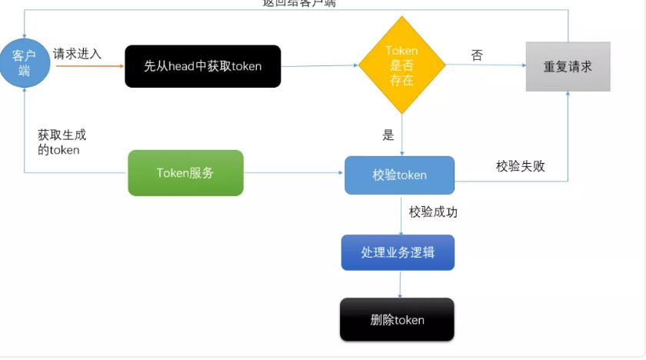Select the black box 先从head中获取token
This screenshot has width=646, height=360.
point(203,66)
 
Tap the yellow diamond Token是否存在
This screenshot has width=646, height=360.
point(401,65)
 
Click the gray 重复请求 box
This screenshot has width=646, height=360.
point(568,67)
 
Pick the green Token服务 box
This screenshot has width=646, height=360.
point(185,173)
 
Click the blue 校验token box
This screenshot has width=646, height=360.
point(399,175)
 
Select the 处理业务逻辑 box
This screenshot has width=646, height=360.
point(398,252)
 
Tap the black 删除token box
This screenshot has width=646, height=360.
point(397,319)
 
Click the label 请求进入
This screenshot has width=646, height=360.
point(77,54)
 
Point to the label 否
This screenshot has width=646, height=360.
point(477,55)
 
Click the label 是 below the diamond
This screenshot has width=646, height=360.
point(388,135)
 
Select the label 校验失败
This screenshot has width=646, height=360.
point(521,165)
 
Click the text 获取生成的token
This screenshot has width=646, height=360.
point(62,142)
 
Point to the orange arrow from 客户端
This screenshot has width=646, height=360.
point(88,66)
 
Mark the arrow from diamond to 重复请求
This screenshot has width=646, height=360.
point(484,66)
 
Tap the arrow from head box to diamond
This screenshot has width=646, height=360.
point(319,65)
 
